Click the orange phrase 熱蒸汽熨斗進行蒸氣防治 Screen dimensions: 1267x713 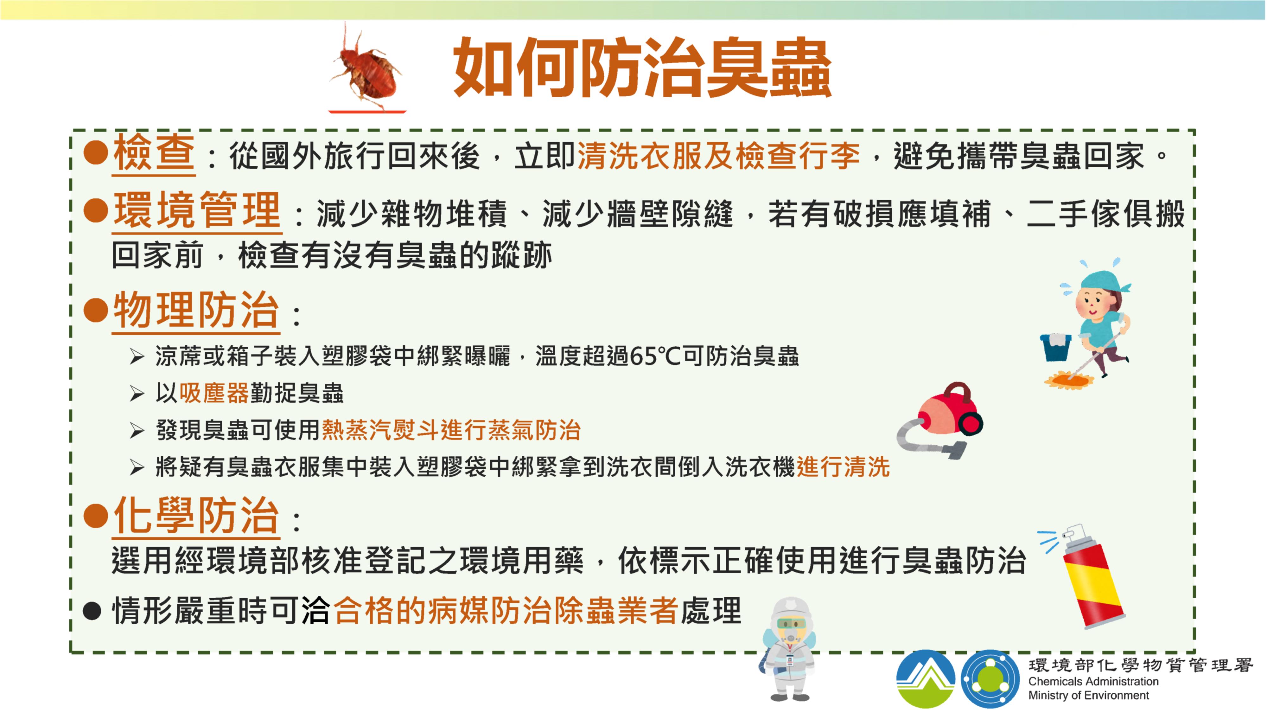(x=451, y=430)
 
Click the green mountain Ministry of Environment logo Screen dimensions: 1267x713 (x=925, y=679)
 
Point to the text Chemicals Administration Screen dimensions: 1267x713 (x=1093, y=682)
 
